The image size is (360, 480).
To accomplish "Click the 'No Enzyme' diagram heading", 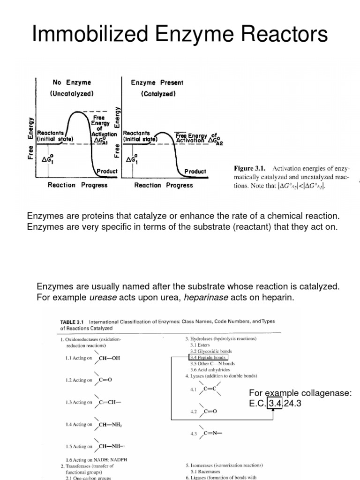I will tap(72, 82).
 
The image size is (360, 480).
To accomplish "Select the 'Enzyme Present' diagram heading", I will tap(157, 82).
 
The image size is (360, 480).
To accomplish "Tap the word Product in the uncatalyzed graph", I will tap(107, 172).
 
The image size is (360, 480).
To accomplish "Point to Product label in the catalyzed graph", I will tap(195, 172).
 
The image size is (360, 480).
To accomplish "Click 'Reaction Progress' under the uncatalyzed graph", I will tap(77, 185).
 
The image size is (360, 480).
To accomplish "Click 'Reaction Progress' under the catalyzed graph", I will tap(164, 185).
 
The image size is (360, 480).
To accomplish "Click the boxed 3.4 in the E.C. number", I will tap(274, 402).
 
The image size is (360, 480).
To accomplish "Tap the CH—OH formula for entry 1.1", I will tap(110, 359).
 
